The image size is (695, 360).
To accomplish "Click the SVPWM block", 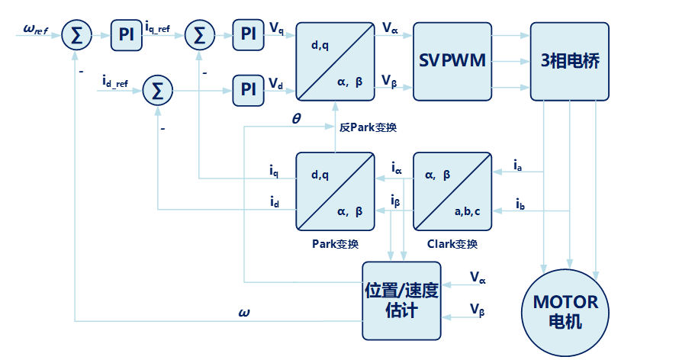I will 452,61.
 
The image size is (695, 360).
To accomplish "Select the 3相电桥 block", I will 569,61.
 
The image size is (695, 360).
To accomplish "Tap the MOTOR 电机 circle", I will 565,310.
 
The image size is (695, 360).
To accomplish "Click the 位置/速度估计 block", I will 401,301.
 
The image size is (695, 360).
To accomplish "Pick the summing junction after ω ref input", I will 77,34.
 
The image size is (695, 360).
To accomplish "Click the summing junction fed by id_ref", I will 158,90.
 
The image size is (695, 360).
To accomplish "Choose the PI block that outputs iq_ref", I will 126,34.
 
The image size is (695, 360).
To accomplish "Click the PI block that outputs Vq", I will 248,34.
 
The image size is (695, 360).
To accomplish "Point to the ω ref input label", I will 36,30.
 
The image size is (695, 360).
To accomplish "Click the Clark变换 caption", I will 452,244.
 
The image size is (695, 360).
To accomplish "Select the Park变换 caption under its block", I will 335,244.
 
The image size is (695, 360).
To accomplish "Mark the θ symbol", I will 297,119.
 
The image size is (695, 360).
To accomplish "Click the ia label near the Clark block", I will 517,164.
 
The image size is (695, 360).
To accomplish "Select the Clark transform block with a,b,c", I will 452,191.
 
